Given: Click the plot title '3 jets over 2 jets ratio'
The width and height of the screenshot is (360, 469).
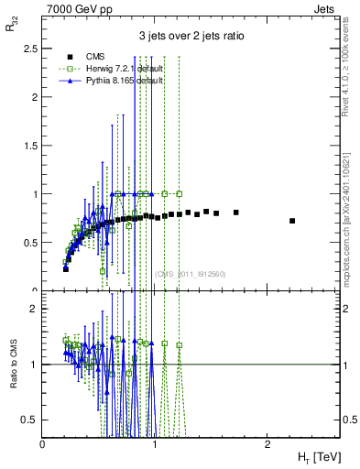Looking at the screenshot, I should pyautogui.click(x=191, y=37).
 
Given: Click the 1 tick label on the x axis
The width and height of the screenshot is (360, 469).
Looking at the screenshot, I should pyautogui.click(x=155, y=443).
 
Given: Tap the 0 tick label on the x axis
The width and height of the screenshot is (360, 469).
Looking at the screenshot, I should pyautogui.click(x=43, y=443).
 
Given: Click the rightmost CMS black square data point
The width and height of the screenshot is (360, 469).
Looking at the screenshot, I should pyautogui.click(x=292, y=221).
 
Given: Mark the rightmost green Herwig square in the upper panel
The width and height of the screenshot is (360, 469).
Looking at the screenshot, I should pyautogui.click(x=180, y=193).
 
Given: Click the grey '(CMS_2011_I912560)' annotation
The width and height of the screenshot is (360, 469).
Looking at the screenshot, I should pyautogui.click(x=191, y=274).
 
